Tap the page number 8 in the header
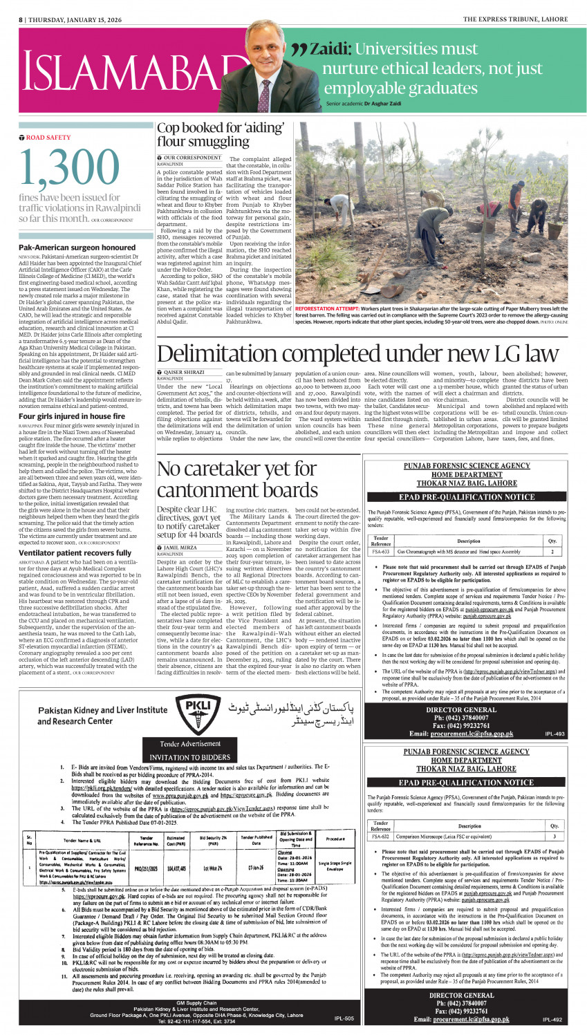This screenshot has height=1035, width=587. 21,19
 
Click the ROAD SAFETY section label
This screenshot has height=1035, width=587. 48,138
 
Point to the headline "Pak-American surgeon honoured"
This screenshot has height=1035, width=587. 77,248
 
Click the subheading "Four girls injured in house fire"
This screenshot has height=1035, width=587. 72,416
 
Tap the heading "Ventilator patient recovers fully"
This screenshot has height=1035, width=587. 75,553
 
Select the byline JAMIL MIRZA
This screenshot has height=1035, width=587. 180,547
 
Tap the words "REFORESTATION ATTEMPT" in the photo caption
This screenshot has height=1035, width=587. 329,309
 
